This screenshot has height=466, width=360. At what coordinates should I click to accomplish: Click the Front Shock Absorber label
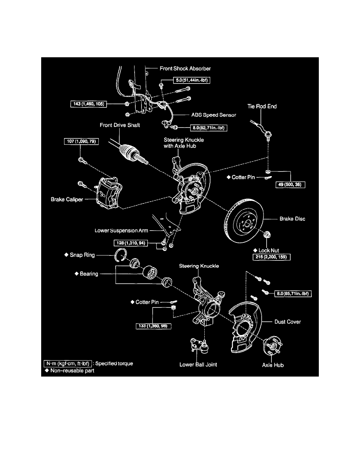(185, 68)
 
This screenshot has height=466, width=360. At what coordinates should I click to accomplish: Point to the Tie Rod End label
(262, 106)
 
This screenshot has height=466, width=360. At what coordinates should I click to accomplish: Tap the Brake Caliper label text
(67, 199)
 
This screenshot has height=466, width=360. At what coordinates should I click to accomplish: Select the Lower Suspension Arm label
(121, 231)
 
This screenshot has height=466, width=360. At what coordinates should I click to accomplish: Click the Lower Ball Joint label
(198, 364)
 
